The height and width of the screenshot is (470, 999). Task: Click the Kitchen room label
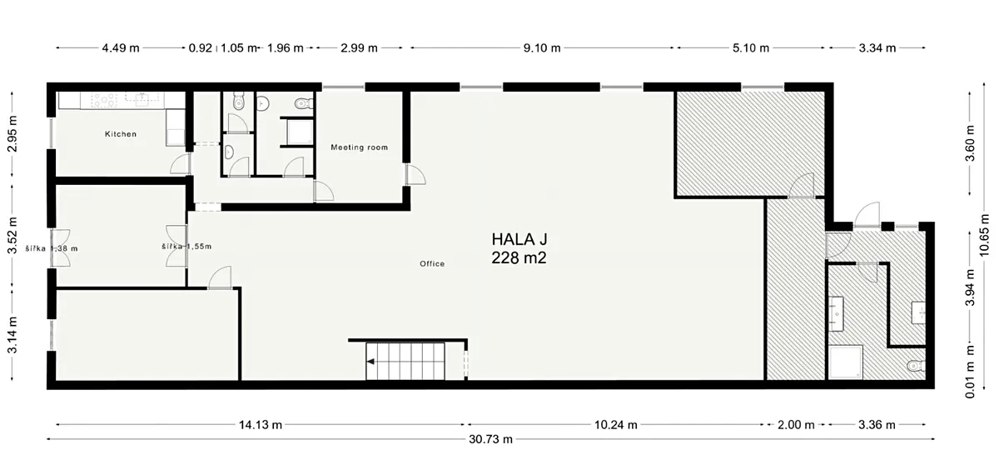(x=121, y=134)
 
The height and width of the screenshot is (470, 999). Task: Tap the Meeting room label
(x=359, y=147)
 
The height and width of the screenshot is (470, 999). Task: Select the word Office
(x=432, y=264)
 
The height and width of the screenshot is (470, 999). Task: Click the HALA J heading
(x=519, y=240)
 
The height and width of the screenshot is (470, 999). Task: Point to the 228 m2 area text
(x=519, y=258)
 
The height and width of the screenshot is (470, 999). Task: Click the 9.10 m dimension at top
(x=542, y=47)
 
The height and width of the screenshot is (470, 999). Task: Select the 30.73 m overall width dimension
(x=490, y=439)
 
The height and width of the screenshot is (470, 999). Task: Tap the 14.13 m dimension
(x=261, y=424)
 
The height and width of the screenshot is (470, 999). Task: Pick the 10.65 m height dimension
(x=984, y=235)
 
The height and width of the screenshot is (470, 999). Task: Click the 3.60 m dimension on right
(x=970, y=143)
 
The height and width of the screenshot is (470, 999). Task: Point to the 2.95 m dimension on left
(x=12, y=133)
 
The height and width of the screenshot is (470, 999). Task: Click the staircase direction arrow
(x=370, y=362)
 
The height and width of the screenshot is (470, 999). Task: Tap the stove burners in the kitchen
(x=103, y=100)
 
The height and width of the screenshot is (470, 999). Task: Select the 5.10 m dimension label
(x=751, y=47)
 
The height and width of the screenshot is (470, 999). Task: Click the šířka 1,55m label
(x=186, y=247)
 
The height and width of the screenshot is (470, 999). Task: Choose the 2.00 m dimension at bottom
(x=796, y=424)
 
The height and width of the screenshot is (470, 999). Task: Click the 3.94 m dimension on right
(x=970, y=287)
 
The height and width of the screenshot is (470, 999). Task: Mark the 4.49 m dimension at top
(x=121, y=47)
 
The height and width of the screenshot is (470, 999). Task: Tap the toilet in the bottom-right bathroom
(x=916, y=366)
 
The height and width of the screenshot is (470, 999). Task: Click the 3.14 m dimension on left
(x=12, y=335)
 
